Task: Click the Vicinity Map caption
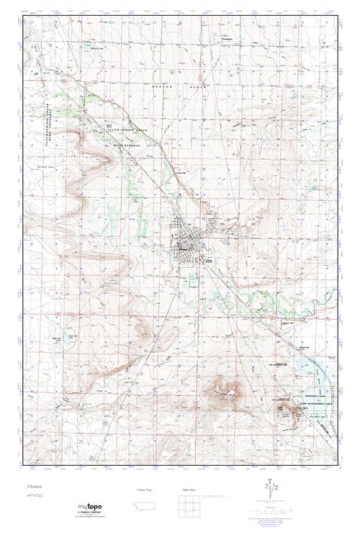point(144,489)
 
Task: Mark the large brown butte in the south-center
point(220,393)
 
